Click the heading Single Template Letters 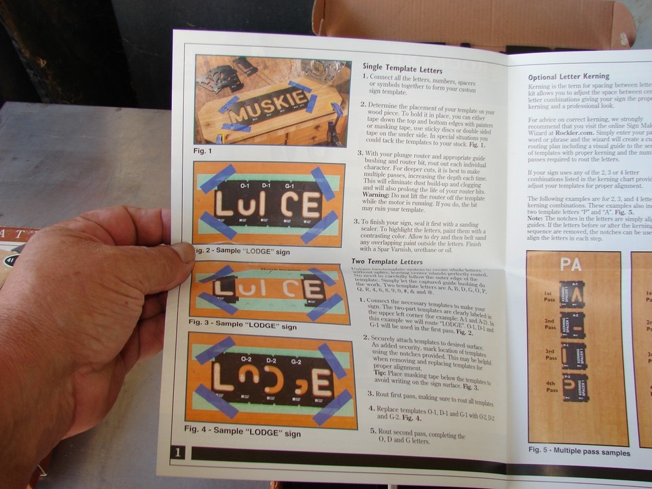pyautogui.click(x=402, y=70)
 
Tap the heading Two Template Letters pyautogui.click(x=387, y=261)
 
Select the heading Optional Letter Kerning pyautogui.click(x=568, y=77)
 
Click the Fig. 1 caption pyautogui.click(x=202, y=151)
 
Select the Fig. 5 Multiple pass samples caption pyautogui.click(x=579, y=452)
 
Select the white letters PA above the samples pyautogui.click(x=571, y=264)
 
